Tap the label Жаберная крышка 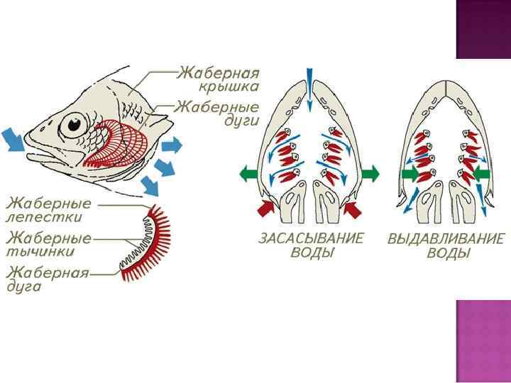[x=218, y=79]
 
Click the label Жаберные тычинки [x=49, y=243]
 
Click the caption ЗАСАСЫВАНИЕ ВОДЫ [x=310, y=246]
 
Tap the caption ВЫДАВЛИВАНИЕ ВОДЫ [x=446, y=246]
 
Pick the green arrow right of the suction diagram [x=370, y=173]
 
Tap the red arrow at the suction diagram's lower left [x=265, y=207]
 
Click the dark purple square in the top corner [x=483, y=28]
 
